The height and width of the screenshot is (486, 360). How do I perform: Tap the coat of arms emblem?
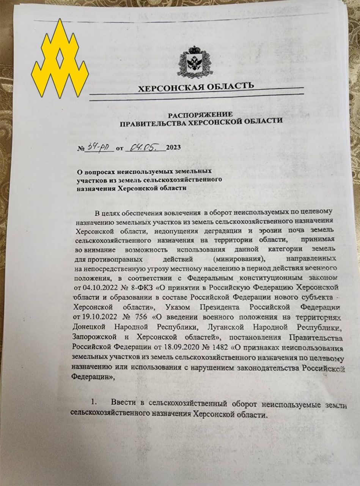tap(195, 62)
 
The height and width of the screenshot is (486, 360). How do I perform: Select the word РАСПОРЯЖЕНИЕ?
tap(200, 114)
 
